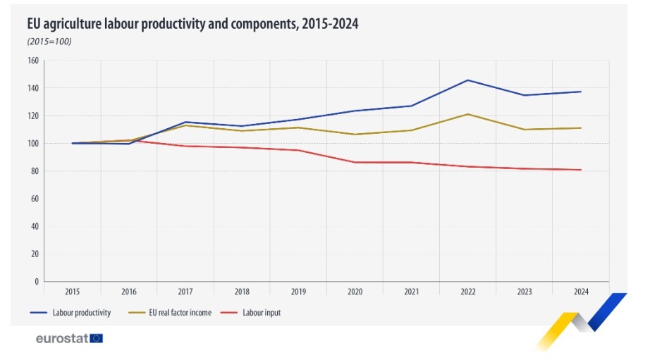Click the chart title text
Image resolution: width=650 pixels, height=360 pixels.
pos(192,24)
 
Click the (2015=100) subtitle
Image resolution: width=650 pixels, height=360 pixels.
pos(49,42)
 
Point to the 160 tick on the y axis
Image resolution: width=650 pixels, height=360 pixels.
pos(32,61)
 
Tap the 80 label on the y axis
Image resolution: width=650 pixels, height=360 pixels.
pos(34,171)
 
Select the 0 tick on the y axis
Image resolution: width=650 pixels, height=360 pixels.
pos(36,282)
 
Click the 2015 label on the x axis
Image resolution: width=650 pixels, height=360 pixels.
pos(72,291)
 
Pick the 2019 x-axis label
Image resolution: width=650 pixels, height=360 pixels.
pos(298,291)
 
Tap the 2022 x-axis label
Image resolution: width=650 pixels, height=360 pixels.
pos(467,291)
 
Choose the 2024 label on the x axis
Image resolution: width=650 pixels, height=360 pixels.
pos(580,291)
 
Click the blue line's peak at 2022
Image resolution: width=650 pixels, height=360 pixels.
pos(467,80)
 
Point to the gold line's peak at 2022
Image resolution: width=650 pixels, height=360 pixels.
pos(467,114)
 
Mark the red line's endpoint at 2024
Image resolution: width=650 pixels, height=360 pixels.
pos(580,170)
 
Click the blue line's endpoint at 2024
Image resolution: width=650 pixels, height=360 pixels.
pos(580,92)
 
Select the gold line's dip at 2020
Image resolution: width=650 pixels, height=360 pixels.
pos(354,135)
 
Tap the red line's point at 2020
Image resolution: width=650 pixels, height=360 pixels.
pos(354,163)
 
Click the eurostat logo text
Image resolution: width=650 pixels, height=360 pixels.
pos(61,338)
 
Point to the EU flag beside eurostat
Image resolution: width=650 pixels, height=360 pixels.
pos(97,338)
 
